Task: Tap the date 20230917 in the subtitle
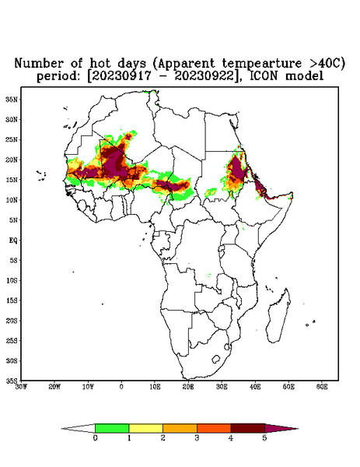(x=121, y=76)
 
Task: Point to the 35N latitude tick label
(x=12, y=99)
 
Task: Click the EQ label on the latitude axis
(x=13, y=240)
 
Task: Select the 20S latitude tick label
(x=12, y=321)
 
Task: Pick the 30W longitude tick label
(x=22, y=387)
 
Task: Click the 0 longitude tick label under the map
(x=121, y=387)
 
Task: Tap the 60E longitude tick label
(x=322, y=387)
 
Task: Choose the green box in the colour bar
(x=112, y=428)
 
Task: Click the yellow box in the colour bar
(x=145, y=428)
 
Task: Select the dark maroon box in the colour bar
(x=248, y=428)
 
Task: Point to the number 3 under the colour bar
(x=197, y=438)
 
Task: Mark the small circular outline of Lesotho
(x=216, y=359)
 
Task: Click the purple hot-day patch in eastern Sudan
(x=237, y=169)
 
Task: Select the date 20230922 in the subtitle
(x=204, y=76)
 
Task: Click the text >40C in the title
(x=327, y=64)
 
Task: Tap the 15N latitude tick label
(x=12, y=180)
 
